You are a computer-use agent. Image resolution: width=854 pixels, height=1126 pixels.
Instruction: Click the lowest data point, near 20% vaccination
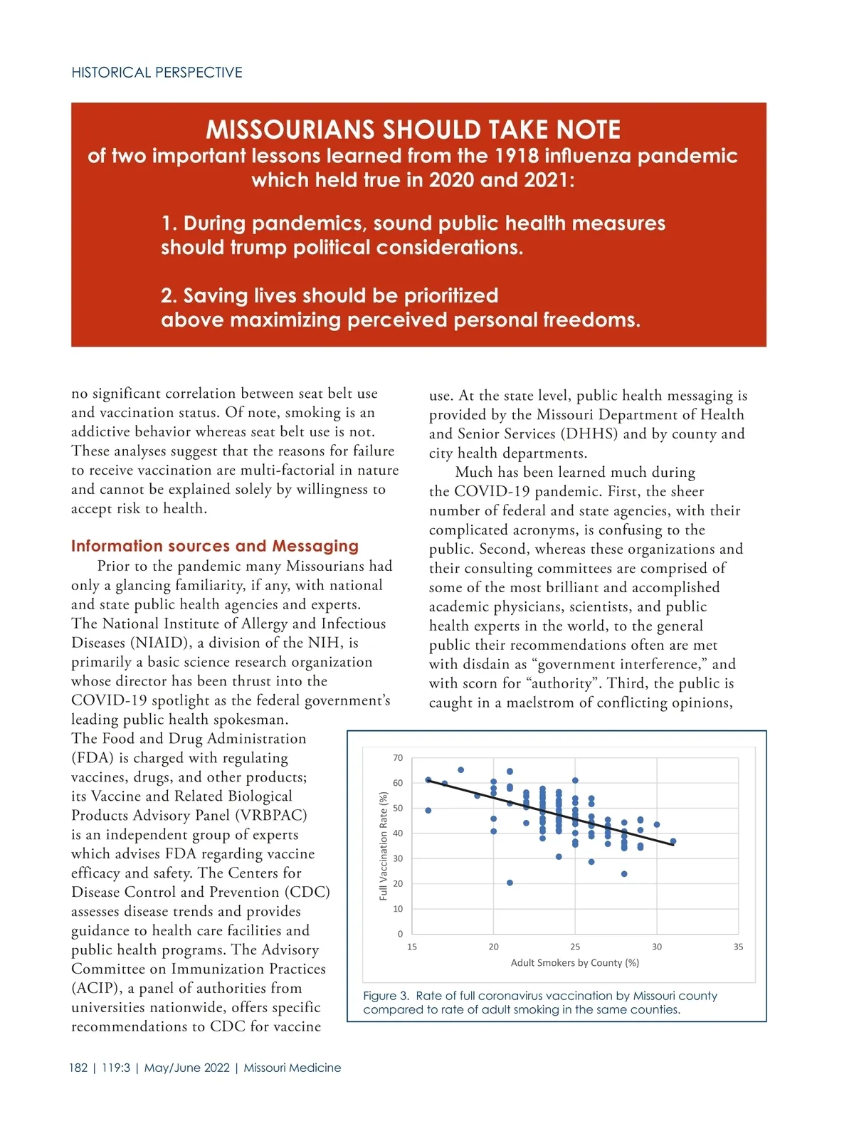(510, 883)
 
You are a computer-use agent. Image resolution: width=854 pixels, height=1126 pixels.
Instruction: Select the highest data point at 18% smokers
(460, 770)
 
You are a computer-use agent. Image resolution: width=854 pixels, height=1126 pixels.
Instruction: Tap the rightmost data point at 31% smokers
(673, 841)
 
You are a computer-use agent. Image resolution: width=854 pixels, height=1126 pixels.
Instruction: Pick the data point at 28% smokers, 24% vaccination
(624, 874)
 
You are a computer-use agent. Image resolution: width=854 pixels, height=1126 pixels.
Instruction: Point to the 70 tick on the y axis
(398, 758)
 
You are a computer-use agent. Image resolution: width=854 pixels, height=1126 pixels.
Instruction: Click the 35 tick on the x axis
(738, 947)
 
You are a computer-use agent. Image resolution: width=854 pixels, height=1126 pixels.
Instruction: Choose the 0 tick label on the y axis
(400, 934)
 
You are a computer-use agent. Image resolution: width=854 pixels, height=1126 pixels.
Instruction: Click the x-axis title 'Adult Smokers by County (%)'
(574, 963)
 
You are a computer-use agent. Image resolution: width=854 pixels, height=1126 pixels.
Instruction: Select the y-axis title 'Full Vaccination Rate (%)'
(384, 846)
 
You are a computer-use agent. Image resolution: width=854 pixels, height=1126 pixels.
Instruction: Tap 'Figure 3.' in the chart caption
(386, 996)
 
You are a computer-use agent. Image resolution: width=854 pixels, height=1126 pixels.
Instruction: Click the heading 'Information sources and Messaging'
(214, 546)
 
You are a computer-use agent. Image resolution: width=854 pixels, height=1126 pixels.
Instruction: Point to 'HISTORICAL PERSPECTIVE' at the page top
(157, 73)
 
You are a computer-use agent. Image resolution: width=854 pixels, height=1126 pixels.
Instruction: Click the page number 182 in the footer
(78, 1068)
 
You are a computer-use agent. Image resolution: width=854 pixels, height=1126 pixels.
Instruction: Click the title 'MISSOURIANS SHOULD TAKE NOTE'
(413, 130)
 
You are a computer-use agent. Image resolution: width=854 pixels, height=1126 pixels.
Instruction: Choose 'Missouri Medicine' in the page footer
(292, 1068)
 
